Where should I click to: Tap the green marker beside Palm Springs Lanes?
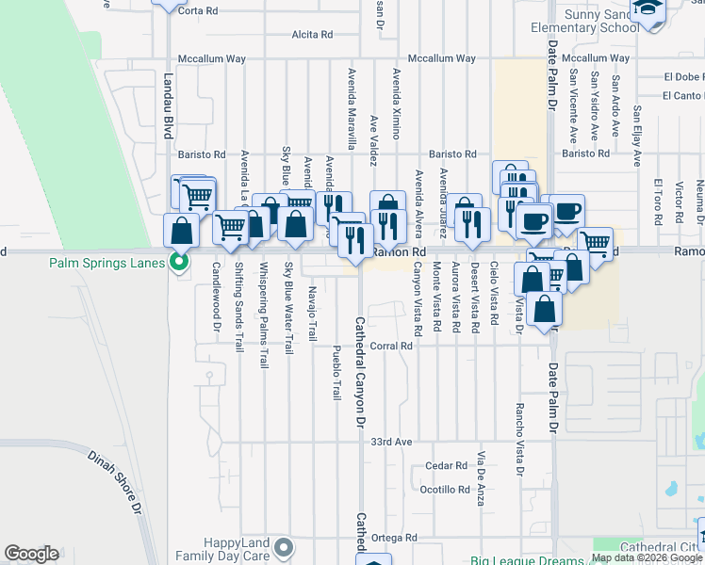pyautogui.click(x=177, y=262)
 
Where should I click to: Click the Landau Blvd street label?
pyautogui.click(x=170, y=107)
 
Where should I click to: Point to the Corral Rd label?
pyautogui.click(x=392, y=346)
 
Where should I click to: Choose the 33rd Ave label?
pyautogui.click(x=392, y=442)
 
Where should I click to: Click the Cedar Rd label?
pyautogui.click(x=447, y=465)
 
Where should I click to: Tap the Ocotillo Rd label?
pyautogui.click(x=445, y=490)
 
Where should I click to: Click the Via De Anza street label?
pyautogui.click(x=481, y=479)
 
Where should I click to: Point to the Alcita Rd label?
pyautogui.click(x=312, y=34)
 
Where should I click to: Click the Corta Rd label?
pyautogui.click(x=198, y=10)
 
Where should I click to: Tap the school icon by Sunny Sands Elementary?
pyautogui.click(x=648, y=9)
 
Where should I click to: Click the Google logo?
pyautogui.click(x=31, y=554)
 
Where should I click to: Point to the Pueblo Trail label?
pyautogui.click(x=336, y=372)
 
